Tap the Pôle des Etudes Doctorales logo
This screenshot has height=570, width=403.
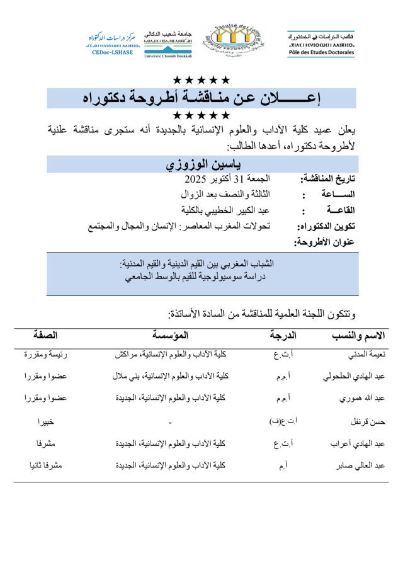point(321,43)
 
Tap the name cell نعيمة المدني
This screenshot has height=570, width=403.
point(367,355)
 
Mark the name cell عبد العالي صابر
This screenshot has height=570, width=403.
point(361,465)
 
